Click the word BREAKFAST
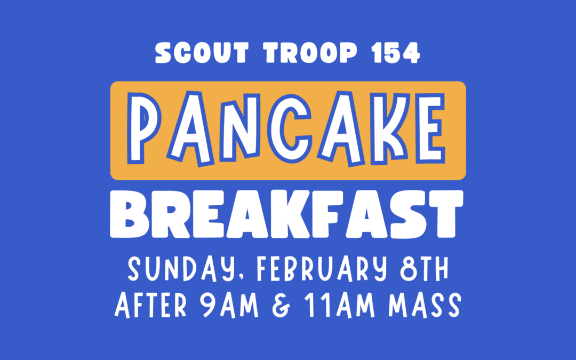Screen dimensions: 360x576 (287, 213)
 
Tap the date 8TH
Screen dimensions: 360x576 (423, 270)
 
